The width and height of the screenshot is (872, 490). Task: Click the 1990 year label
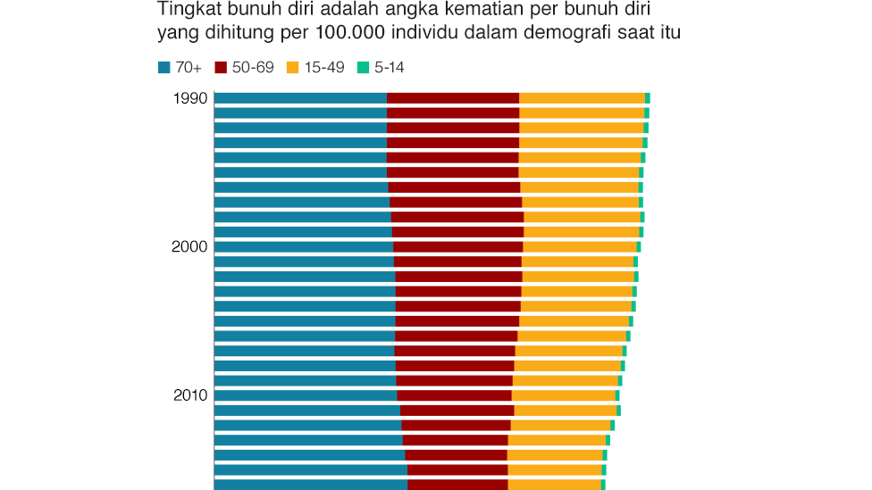(x=189, y=98)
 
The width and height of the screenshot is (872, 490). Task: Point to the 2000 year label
(x=189, y=247)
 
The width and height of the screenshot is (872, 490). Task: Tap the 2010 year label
(x=189, y=395)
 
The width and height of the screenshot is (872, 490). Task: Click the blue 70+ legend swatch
(x=164, y=67)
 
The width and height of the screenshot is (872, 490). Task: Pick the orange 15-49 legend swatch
(x=291, y=67)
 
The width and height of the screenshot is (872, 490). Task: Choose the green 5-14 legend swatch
(x=363, y=67)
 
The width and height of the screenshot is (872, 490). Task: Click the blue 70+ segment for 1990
(x=300, y=98)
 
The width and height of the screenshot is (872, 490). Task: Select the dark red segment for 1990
(x=453, y=98)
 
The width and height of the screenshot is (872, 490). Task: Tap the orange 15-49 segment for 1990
(x=582, y=98)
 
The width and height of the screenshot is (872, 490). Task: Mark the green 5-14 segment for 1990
(x=648, y=98)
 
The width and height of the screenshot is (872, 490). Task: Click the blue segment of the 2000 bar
(x=304, y=247)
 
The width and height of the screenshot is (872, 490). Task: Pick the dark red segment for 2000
(x=457, y=247)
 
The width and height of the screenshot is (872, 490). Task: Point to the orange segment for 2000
(x=579, y=247)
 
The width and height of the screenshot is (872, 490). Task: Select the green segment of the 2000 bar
(x=639, y=247)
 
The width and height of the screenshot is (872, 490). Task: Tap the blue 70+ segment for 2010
(x=306, y=395)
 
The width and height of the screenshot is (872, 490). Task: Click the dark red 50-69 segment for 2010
(x=454, y=395)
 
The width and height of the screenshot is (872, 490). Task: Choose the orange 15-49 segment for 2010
(x=563, y=395)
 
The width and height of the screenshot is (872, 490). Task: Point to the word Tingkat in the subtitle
(x=186, y=11)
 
